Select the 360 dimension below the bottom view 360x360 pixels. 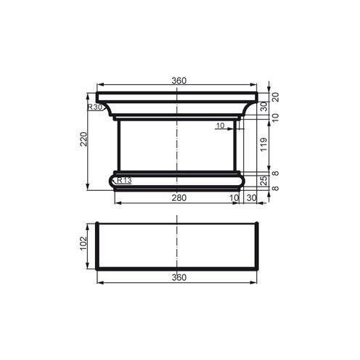pos(179,277)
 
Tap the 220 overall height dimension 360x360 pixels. pos(83,139)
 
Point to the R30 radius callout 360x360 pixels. pos(94,107)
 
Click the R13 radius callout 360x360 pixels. pos(123,181)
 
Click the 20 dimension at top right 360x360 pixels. pos(276,96)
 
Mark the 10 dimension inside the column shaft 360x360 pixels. pos(221,126)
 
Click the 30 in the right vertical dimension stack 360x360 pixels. pos(264,106)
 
